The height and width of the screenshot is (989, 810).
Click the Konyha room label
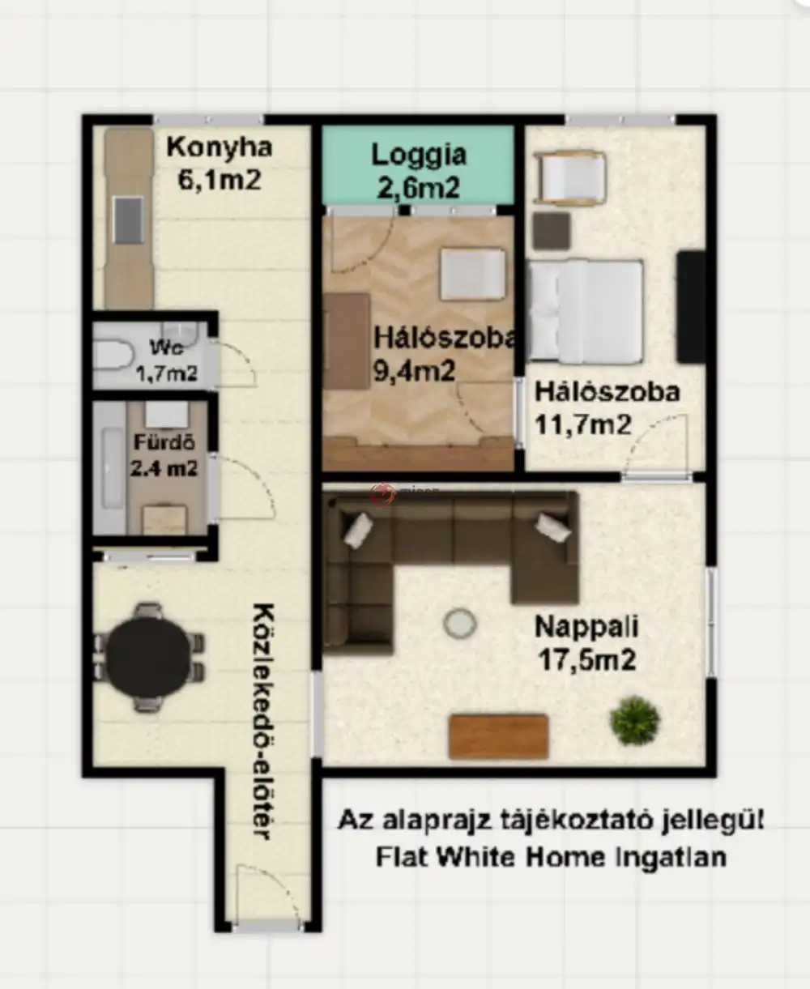point(219,147)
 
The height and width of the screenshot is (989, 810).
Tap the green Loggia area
point(419,166)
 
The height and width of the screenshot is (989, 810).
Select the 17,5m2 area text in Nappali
point(587,659)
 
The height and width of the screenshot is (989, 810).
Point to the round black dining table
point(148,657)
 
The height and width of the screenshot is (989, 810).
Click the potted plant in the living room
point(634,720)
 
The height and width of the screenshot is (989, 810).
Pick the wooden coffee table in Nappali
point(498,735)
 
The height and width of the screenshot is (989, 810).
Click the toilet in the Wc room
point(113,355)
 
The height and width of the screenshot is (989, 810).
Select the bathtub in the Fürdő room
point(109,468)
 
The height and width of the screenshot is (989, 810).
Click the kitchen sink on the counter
point(129,220)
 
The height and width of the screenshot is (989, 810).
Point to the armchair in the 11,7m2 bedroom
point(572,177)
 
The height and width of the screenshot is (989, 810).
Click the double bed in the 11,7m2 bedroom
point(586,310)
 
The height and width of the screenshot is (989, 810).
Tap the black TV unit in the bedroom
point(691,307)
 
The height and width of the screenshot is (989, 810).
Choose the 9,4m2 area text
point(414,371)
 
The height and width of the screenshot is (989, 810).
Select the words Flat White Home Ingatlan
point(551,856)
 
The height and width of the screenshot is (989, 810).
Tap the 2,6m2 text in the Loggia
point(419,188)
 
